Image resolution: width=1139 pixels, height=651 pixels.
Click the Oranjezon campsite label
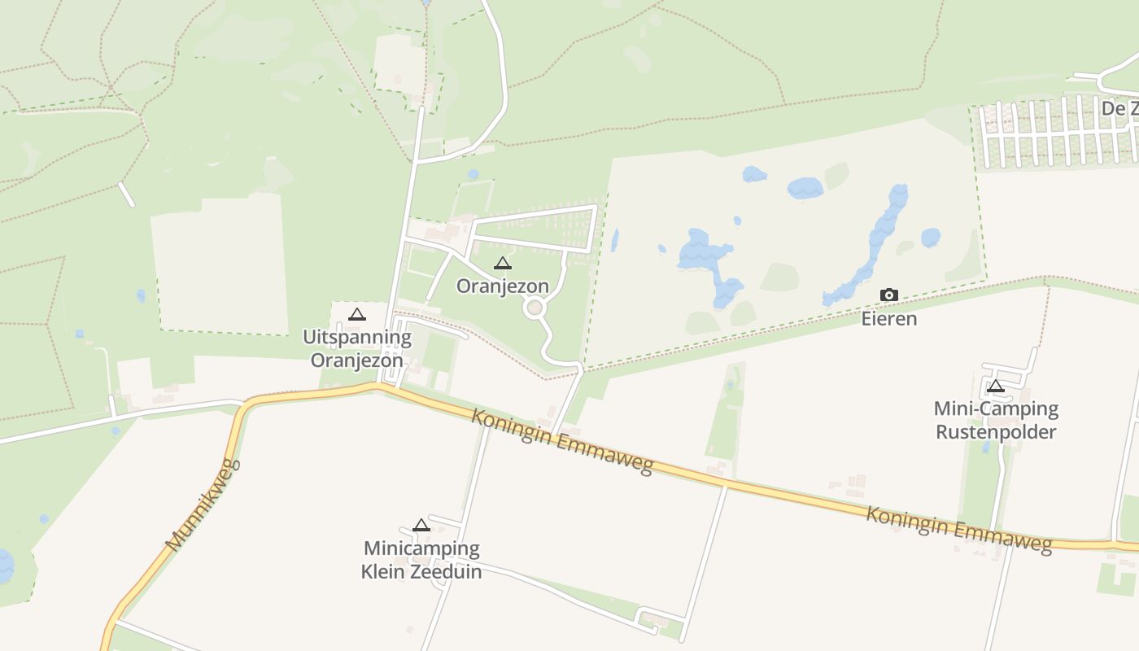502,286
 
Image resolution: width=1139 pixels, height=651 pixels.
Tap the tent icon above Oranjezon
503,264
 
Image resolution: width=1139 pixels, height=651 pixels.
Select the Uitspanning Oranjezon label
357,348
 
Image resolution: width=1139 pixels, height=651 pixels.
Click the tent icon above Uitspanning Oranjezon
357,315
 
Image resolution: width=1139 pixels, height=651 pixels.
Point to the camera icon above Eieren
889,295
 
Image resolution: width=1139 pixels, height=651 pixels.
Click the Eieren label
889,318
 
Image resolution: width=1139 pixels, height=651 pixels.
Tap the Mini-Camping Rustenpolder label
996,420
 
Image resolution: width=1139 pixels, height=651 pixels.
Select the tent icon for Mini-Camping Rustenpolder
995,387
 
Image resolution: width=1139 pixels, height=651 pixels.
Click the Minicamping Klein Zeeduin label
421,560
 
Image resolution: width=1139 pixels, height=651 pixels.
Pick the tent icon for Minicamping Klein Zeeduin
421,526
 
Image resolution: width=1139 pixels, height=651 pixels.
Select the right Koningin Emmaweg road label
958,529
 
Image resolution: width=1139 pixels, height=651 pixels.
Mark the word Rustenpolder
996,431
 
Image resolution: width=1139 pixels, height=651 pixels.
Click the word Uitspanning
357,337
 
